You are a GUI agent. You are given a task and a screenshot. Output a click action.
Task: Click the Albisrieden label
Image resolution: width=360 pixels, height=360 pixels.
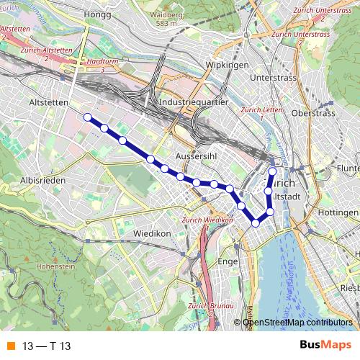44,180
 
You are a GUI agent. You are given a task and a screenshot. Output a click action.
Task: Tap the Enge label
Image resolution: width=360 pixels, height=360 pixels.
227,261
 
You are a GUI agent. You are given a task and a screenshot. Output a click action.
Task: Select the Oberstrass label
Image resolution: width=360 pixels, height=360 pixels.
314,113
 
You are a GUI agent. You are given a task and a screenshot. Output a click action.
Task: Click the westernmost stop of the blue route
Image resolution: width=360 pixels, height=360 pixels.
87,117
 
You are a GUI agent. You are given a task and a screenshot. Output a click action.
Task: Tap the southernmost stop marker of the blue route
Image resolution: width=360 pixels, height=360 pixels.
255,223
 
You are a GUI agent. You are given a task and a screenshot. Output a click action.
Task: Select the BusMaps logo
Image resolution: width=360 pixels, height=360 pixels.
325,346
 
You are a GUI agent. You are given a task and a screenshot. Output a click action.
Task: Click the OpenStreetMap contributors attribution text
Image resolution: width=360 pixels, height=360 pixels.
297,322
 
